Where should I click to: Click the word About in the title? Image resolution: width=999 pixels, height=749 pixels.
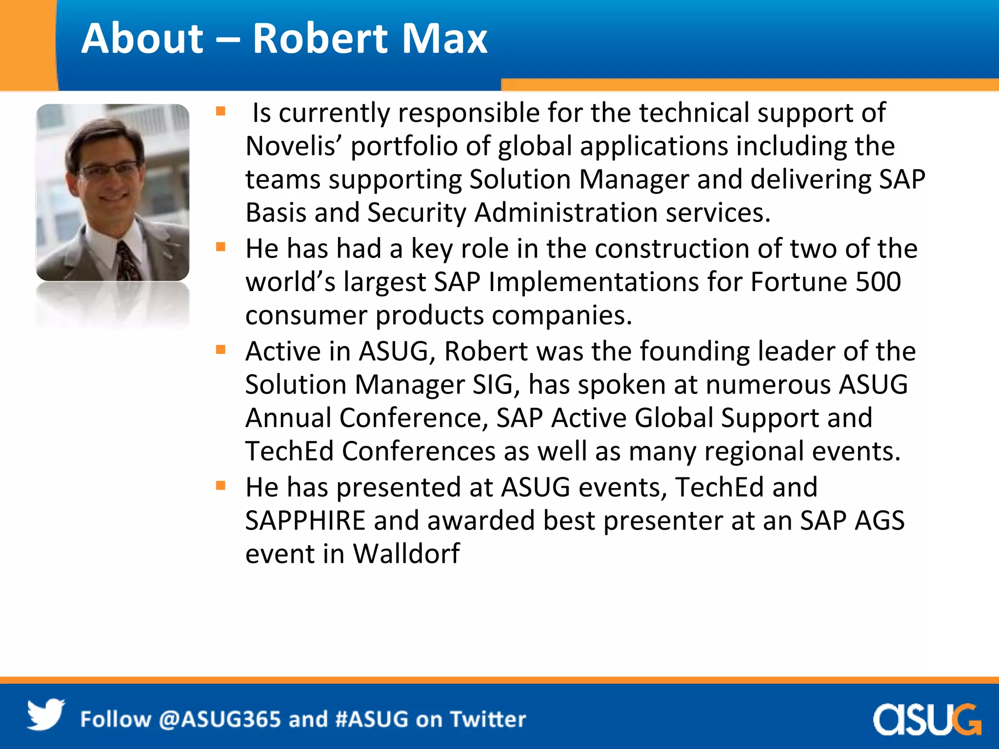tap(142, 39)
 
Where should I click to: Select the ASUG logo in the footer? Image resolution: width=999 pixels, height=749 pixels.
tap(926, 719)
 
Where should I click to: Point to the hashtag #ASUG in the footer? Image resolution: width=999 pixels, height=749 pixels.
tap(371, 719)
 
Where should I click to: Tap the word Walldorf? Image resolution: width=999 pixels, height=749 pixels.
tap(406, 553)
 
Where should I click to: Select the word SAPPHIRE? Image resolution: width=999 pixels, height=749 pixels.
tap(305, 520)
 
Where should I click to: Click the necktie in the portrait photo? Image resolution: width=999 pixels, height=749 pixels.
tap(127, 261)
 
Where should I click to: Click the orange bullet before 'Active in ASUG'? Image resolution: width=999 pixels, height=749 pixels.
tap(221, 350)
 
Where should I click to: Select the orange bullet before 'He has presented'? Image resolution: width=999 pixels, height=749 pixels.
tap(221, 486)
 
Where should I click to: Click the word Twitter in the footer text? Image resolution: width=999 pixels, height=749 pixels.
tap(488, 719)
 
